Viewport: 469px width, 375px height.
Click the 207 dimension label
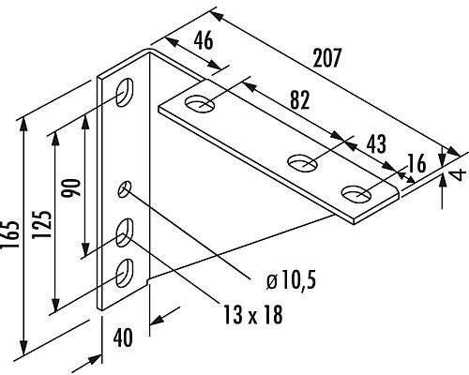[x=326, y=58]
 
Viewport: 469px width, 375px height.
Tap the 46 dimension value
[x=204, y=40]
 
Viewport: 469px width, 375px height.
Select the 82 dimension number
[x=300, y=100]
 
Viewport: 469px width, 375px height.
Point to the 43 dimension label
[x=376, y=144]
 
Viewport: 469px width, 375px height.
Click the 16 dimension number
[x=417, y=163]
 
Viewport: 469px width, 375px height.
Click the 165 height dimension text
[x=9, y=235]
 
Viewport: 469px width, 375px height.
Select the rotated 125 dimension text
[x=41, y=224]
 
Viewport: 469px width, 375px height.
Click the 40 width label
[x=123, y=337]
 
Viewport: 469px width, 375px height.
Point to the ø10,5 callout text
[x=291, y=279]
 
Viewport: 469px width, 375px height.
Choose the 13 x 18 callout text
[x=253, y=314]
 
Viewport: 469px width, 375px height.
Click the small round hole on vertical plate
[x=125, y=188]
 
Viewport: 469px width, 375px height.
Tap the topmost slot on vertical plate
[x=125, y=92]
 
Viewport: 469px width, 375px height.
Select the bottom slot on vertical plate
[x=125, y=273]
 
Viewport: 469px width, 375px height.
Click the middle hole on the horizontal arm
[x=302, y=163]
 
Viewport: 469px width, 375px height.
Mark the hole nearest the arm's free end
[x=356, y=194]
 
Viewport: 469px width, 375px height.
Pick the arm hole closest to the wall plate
[x=200, y=103]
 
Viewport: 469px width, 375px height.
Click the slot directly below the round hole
[x=125, y=232]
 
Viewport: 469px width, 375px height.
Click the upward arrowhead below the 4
[x=442, y=181]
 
